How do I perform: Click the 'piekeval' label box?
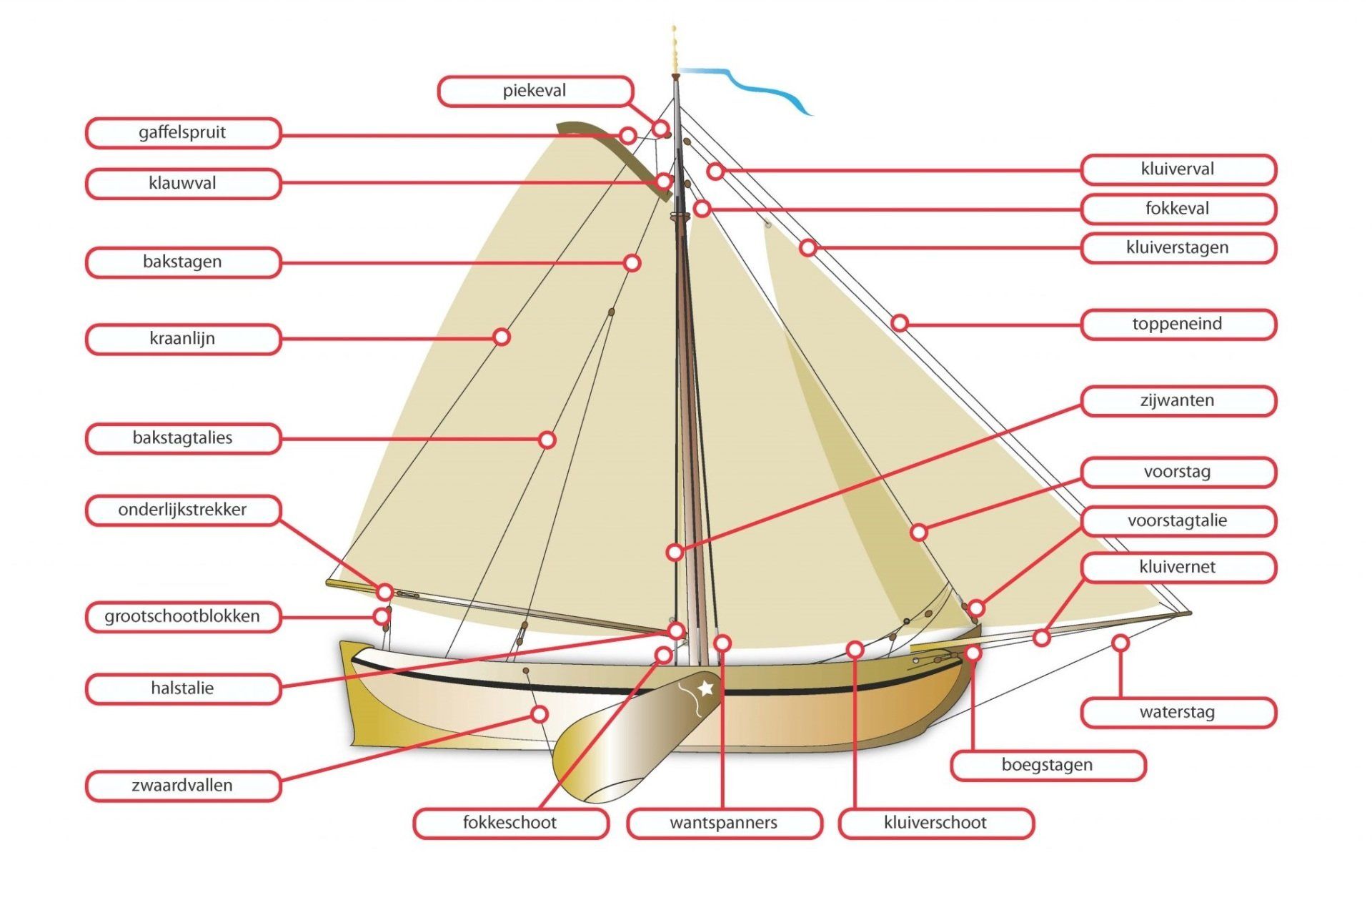535,92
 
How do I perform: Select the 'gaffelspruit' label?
183,133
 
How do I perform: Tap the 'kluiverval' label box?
1178,169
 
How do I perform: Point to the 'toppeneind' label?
1178,325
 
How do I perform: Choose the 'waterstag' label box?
1178,713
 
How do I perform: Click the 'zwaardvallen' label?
183,786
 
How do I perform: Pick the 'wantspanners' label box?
724,823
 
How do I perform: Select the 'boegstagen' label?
1048,765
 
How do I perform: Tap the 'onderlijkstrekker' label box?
183,510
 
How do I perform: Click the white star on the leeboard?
706,688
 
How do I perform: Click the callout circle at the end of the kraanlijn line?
502,337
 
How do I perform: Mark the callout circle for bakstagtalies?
547,440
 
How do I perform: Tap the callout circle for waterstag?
1120,643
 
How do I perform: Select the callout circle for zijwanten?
675,552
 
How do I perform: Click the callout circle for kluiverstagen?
808,248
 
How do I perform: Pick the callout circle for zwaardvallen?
540,714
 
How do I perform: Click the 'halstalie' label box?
183,689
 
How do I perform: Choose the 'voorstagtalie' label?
1178,521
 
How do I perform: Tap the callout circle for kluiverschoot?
855,649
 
